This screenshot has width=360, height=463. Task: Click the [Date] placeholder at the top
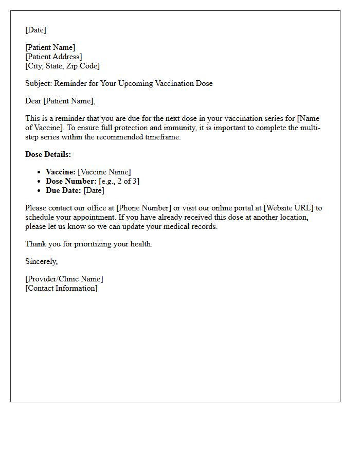(35, 30)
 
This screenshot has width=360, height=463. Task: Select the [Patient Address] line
(53, 57)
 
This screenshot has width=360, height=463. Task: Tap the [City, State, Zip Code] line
(62, 66)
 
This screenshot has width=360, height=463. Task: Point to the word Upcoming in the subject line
(140, 83)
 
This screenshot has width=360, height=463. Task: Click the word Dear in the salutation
(33, 101)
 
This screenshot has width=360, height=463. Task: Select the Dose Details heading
(48, 154)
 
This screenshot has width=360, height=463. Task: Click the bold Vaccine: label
(61, 172)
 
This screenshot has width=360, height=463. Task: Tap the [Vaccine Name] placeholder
(104, 172)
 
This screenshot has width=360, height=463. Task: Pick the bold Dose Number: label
(71, 181)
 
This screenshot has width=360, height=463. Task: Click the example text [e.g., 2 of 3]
(119, 181)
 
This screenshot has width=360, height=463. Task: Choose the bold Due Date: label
(63, 190)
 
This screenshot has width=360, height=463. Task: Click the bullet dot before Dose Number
(39, 182)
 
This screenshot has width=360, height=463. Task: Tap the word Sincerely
(41, 261)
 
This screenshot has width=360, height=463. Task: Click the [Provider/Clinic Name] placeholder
(64, 279)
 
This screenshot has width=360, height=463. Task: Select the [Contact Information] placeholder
(61, 288)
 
